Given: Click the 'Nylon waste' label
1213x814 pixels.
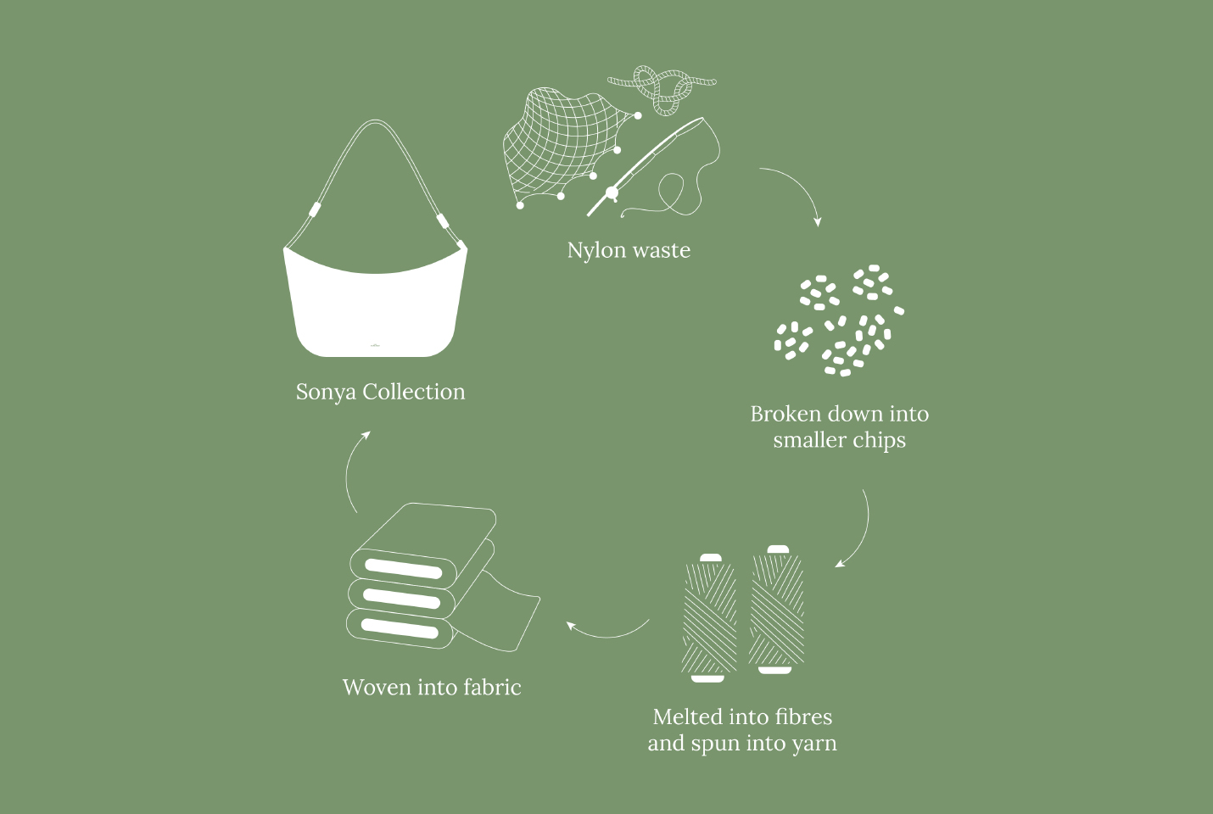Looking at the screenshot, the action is (x=629, y=251).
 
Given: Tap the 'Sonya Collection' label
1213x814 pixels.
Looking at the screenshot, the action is (x=380, y=392).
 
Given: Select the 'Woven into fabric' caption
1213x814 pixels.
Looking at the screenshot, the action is (x=432, y=688).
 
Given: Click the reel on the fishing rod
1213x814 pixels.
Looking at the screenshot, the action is (x=612, y=193).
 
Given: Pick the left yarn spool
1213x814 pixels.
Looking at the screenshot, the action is (x=710, y=617).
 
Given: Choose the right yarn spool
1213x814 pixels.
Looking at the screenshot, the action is (x=776, y=610).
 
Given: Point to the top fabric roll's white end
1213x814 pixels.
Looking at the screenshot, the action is (x=404, y=569).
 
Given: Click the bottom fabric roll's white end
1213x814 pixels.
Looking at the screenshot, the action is (x=400, y=628).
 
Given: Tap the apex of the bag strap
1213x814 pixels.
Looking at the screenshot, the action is (x=375, y=121).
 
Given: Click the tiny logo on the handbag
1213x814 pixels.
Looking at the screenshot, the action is (x=375, y=345).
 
